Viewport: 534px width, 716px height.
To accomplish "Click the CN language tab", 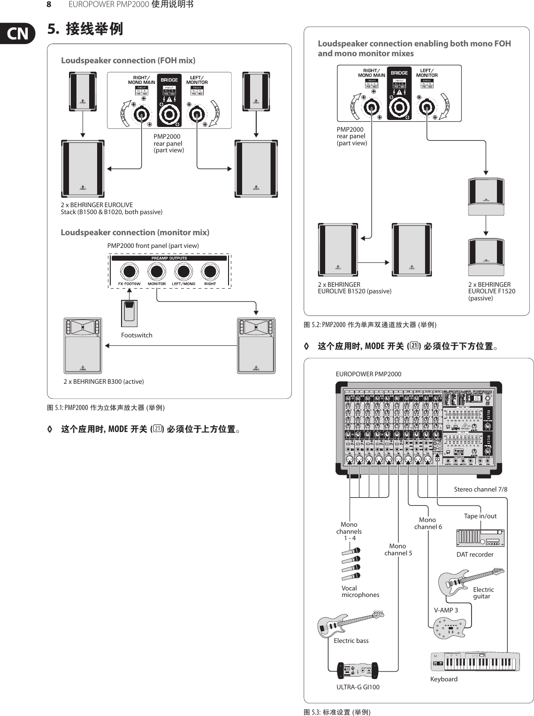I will point(17,34).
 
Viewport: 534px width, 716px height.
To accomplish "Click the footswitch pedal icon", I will point(129,313).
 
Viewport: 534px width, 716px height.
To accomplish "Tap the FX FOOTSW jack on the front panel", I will point(129,271).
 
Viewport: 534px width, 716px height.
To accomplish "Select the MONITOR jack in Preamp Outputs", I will point(156,271).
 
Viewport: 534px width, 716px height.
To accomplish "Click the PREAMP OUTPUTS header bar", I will point(169,258).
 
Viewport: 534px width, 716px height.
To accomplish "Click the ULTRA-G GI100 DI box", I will point(357,671).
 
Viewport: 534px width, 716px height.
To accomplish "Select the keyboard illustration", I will point(475,662).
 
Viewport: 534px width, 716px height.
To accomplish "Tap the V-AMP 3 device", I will point(450,627).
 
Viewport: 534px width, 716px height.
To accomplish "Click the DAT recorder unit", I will point(480,538).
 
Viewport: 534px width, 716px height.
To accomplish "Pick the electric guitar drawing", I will point(469,581).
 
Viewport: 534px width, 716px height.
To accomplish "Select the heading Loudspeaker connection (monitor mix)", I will point(135,232).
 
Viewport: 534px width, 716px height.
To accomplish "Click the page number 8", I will point(48,5).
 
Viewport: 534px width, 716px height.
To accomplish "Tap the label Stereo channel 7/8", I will point(481,489).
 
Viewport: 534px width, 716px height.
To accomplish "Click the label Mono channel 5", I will point(398,550).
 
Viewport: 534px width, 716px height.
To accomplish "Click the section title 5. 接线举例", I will point(85,29).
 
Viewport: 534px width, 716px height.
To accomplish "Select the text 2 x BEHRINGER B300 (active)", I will point(104,381).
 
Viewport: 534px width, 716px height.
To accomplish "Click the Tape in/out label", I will point(480,516).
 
